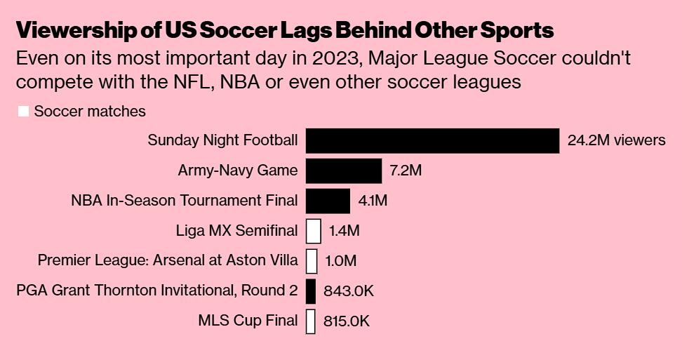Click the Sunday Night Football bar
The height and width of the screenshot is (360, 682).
[432, 140]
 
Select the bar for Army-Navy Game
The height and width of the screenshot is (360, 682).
[344, 171]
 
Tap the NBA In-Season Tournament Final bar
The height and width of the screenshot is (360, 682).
[328, 201]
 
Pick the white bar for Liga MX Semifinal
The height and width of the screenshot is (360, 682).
[314, 231]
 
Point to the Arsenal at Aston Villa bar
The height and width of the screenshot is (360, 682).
[312, 261]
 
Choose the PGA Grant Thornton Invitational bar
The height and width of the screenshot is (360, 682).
[311, 291]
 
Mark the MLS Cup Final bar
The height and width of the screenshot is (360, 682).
[311, 321]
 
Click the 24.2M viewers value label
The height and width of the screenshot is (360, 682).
[616, 140]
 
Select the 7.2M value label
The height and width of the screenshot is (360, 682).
[406, 171]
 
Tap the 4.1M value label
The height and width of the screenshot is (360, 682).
[373, 201]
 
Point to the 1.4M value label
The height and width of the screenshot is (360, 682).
[344, 231]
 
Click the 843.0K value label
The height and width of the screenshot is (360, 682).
[349, 291]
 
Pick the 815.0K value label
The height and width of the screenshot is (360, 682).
[347, 321]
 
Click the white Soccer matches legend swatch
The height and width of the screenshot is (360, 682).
[23, 112]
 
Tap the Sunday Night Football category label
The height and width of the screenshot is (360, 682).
[222, 140]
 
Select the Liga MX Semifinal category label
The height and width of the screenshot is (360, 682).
[236, 231]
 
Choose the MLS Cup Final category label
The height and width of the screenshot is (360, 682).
[248, 321]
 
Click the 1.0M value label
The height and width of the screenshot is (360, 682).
[341, 261]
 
